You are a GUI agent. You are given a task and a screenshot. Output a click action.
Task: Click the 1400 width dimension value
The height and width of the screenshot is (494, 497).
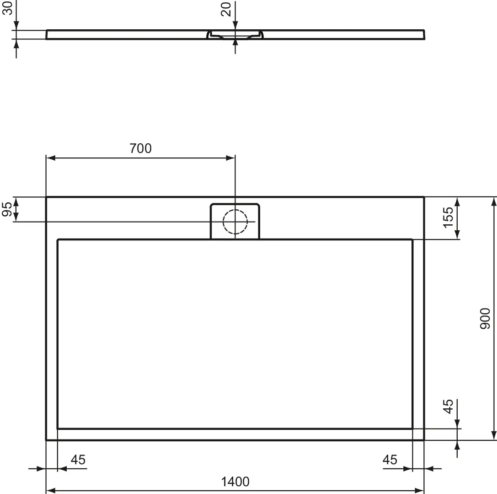(235, 481)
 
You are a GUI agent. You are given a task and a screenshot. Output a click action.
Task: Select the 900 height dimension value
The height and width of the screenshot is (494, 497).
(485, 319)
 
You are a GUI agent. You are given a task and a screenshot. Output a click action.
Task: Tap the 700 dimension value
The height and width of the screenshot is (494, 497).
(140, 148)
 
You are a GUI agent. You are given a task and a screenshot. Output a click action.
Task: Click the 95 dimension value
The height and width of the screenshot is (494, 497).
(7, 209)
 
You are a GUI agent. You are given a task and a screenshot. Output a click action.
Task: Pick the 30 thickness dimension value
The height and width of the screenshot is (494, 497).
(7, 8)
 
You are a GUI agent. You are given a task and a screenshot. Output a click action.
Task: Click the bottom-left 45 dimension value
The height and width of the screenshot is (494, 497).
(78, 459)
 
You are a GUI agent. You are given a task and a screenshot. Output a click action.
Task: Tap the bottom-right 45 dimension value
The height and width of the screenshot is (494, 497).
(390, 459)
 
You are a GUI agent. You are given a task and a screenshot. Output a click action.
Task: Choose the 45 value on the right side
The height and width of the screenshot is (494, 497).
(449, 406)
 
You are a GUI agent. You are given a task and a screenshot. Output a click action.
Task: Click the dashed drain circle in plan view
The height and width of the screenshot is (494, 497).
(235, 222)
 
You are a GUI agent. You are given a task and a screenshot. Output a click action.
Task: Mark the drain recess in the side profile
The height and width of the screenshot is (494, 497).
(235, 35)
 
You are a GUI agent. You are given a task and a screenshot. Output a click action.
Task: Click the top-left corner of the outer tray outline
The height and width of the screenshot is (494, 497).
(46, 197)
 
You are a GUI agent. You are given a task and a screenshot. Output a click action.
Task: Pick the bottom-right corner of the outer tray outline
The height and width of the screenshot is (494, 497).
(424, 440)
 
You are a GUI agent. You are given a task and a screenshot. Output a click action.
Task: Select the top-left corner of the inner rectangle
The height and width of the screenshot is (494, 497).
(58, 239)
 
